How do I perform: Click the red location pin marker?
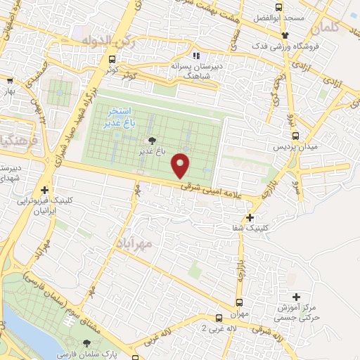[181, 165]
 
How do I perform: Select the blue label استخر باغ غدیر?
[119, 117]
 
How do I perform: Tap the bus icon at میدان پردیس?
[295, 136]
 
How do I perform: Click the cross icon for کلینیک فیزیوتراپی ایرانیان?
[46, 189]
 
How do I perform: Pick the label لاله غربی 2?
[214, 328]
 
